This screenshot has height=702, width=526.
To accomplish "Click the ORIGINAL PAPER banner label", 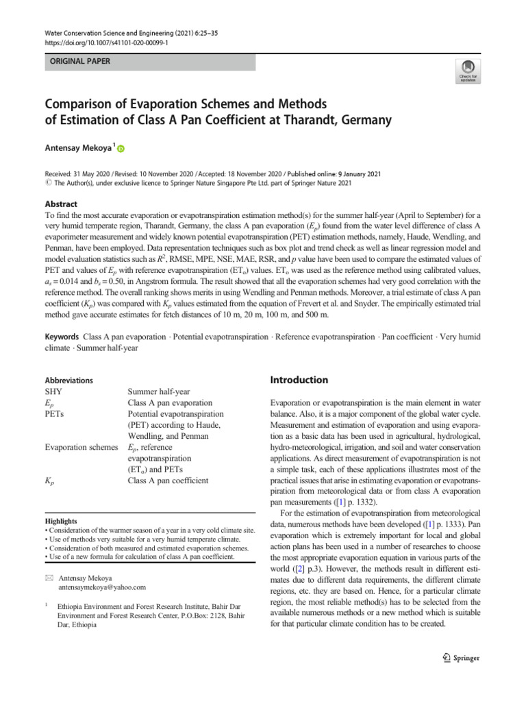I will tap(76, 62).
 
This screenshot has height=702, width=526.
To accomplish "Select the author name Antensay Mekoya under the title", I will tap(79, 148).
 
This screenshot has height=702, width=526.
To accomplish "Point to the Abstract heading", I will tap(61, 204).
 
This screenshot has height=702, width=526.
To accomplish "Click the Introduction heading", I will tap(299, 380).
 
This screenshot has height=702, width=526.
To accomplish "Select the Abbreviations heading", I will tap(68, 380).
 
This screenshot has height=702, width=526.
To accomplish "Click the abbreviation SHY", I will tap(53, 392).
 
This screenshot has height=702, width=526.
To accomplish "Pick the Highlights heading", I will tap(60, 521).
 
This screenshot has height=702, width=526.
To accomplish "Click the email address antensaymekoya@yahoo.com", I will tap(103, 588).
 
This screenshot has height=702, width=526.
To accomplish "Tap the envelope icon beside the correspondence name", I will tap(48, 579).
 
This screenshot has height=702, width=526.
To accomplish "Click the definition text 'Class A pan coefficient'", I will tap(168, 481).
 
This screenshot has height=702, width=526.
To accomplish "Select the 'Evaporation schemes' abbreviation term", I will tap(82, 447).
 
